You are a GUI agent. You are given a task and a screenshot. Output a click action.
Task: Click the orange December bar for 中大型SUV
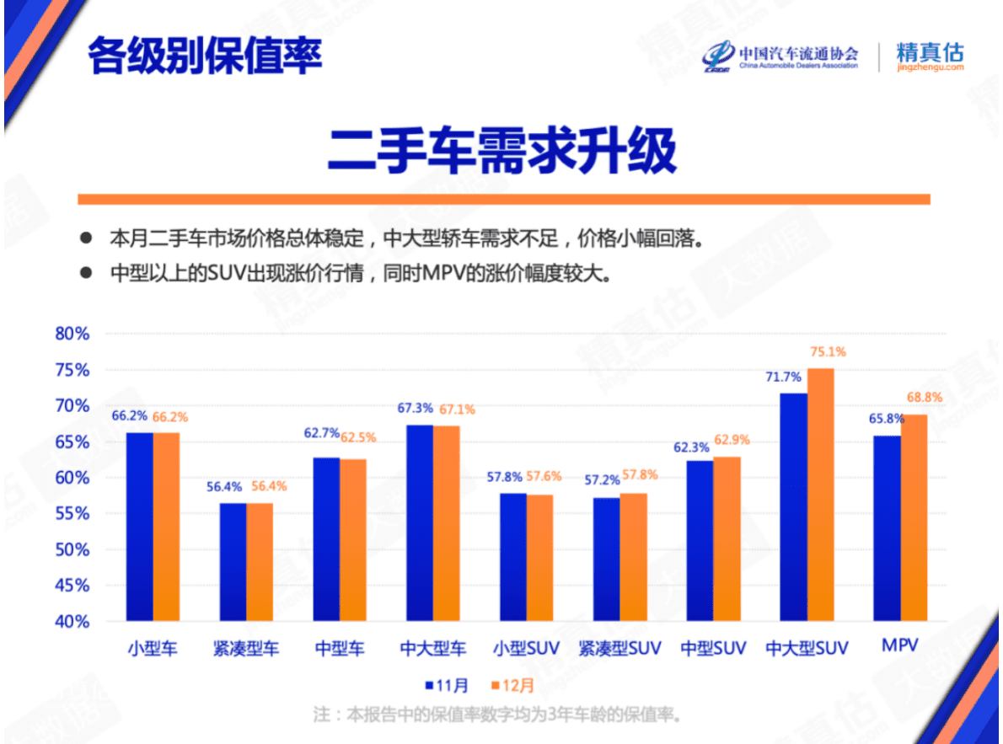point(820,495)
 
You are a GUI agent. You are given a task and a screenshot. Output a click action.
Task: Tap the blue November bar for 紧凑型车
point(233,562)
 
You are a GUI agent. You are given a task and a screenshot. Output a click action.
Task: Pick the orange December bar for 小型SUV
point(539,558)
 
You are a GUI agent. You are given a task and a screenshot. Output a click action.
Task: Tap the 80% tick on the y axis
point(72,334)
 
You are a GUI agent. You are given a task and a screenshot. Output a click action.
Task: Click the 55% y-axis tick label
point(72,514)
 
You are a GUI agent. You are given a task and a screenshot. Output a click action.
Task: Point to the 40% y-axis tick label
point(72,622)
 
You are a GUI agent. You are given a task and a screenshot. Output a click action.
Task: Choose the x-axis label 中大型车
point(432,649)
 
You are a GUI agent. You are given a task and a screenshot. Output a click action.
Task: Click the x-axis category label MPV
point(899,646)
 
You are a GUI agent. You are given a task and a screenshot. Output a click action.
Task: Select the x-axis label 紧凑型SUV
point(619,649)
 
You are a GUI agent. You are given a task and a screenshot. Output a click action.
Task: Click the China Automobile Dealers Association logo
point(780,56)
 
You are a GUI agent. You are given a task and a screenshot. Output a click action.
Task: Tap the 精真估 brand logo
point(930,56)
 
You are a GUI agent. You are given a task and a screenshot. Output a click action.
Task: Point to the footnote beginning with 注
point(496,715)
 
